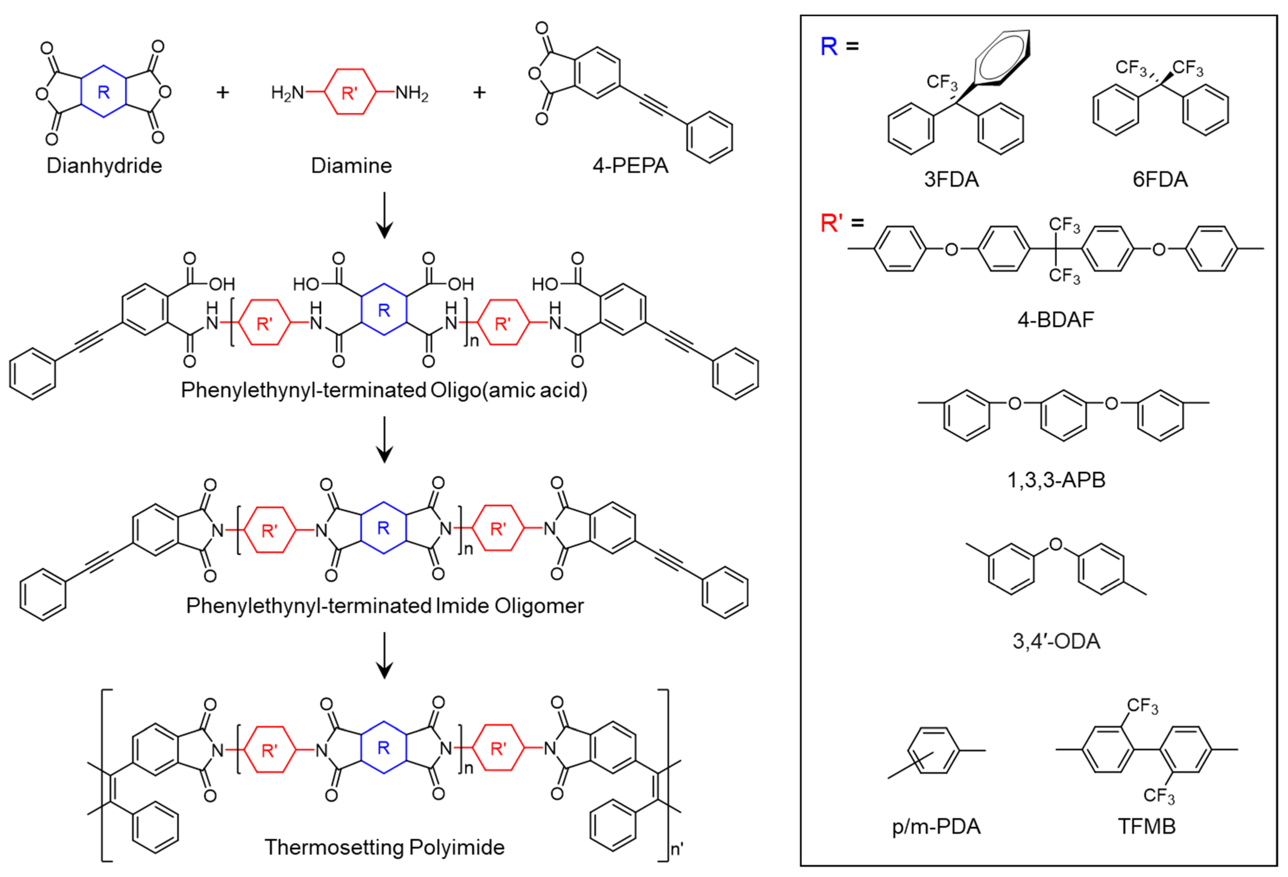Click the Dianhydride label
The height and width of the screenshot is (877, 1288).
click(x=104, y=166)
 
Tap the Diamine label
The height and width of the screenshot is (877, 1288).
click(x=351, y=166)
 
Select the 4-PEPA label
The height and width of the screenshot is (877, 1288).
click(x=630, y=166)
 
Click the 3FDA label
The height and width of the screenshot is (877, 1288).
click(x=951, y=180)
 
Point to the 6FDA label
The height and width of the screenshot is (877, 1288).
click(x=1160, y=180)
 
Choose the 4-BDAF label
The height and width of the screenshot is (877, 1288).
click(x=1056, y=320)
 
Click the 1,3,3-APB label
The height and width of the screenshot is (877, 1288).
click(x=1056, y=480)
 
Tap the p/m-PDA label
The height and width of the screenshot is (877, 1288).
click(x=936, y=826)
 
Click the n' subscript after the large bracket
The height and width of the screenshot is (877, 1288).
click(x=677, y=849)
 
